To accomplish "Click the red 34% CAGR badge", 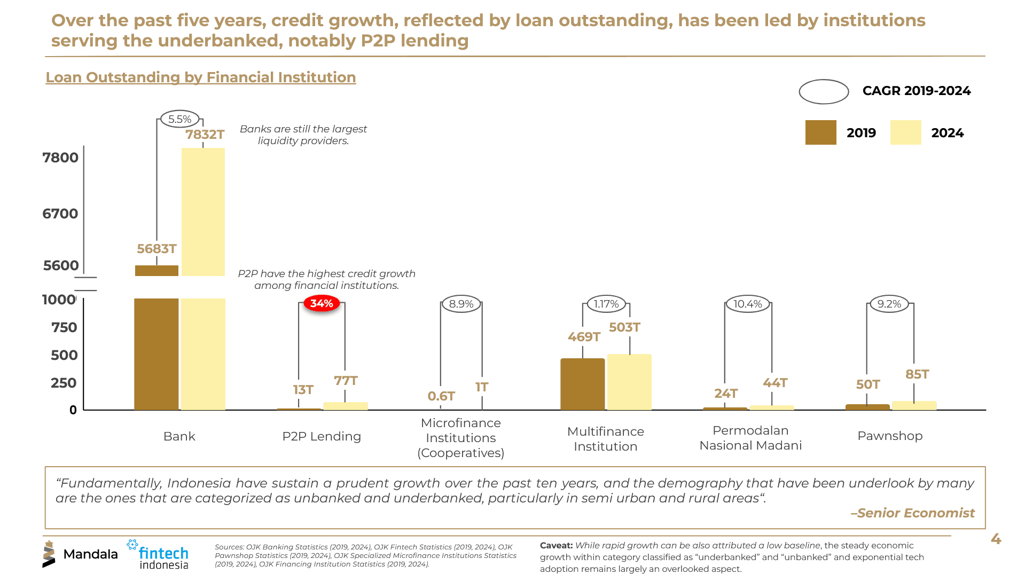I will coord(322,303).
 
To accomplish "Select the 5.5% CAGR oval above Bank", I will coord(179,119).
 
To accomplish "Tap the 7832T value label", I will coord(205,134).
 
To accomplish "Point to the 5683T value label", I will coord(157,249).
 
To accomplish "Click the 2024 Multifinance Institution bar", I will coord(629,382).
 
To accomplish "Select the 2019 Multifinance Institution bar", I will coord(582,384).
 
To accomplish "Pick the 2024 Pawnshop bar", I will coord(914,405).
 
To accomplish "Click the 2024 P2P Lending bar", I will coord(345,406).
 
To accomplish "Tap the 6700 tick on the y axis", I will coord(60,214).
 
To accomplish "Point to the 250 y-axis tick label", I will coord(64,383).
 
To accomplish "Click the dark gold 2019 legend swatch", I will coord(820,132).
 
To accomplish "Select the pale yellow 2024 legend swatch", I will coord(905,132).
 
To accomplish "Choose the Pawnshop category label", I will coord(889,436).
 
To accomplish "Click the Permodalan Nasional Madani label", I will coord(750,438).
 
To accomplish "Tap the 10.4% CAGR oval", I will coord(747,304).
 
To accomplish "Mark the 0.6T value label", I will coord(441,396).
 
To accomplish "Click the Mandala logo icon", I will coord(49,554).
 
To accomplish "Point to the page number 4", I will coord(996,539).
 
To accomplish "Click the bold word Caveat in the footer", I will coord(556,545).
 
